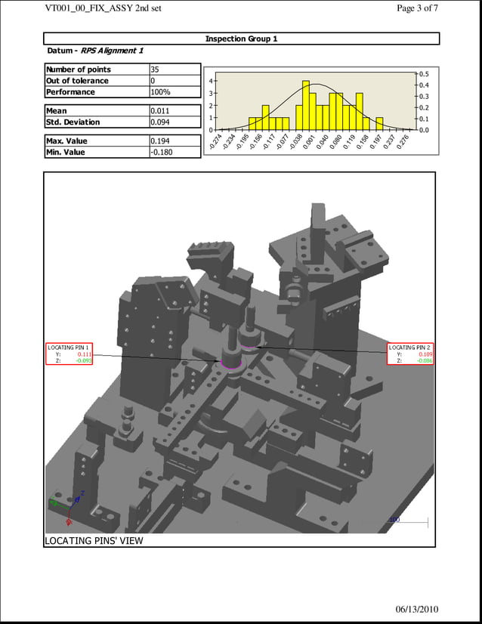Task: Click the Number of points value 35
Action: [155, 70]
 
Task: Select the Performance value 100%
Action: [160, 92]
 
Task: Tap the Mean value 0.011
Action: [159, 110]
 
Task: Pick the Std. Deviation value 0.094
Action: [159, 122]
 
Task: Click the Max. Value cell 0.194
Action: [159, 141]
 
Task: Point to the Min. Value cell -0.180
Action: [161, 152]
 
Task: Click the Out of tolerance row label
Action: [77, 81]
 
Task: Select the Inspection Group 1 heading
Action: [241, 39]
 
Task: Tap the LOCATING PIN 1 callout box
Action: [70, 354]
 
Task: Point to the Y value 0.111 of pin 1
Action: [84, 354]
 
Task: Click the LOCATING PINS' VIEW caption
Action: [94, 540]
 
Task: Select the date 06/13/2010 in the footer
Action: [416, 610]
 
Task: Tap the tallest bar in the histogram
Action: [305, 105]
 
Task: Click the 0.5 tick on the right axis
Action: [424, 74]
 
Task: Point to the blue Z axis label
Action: [82, 493]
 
